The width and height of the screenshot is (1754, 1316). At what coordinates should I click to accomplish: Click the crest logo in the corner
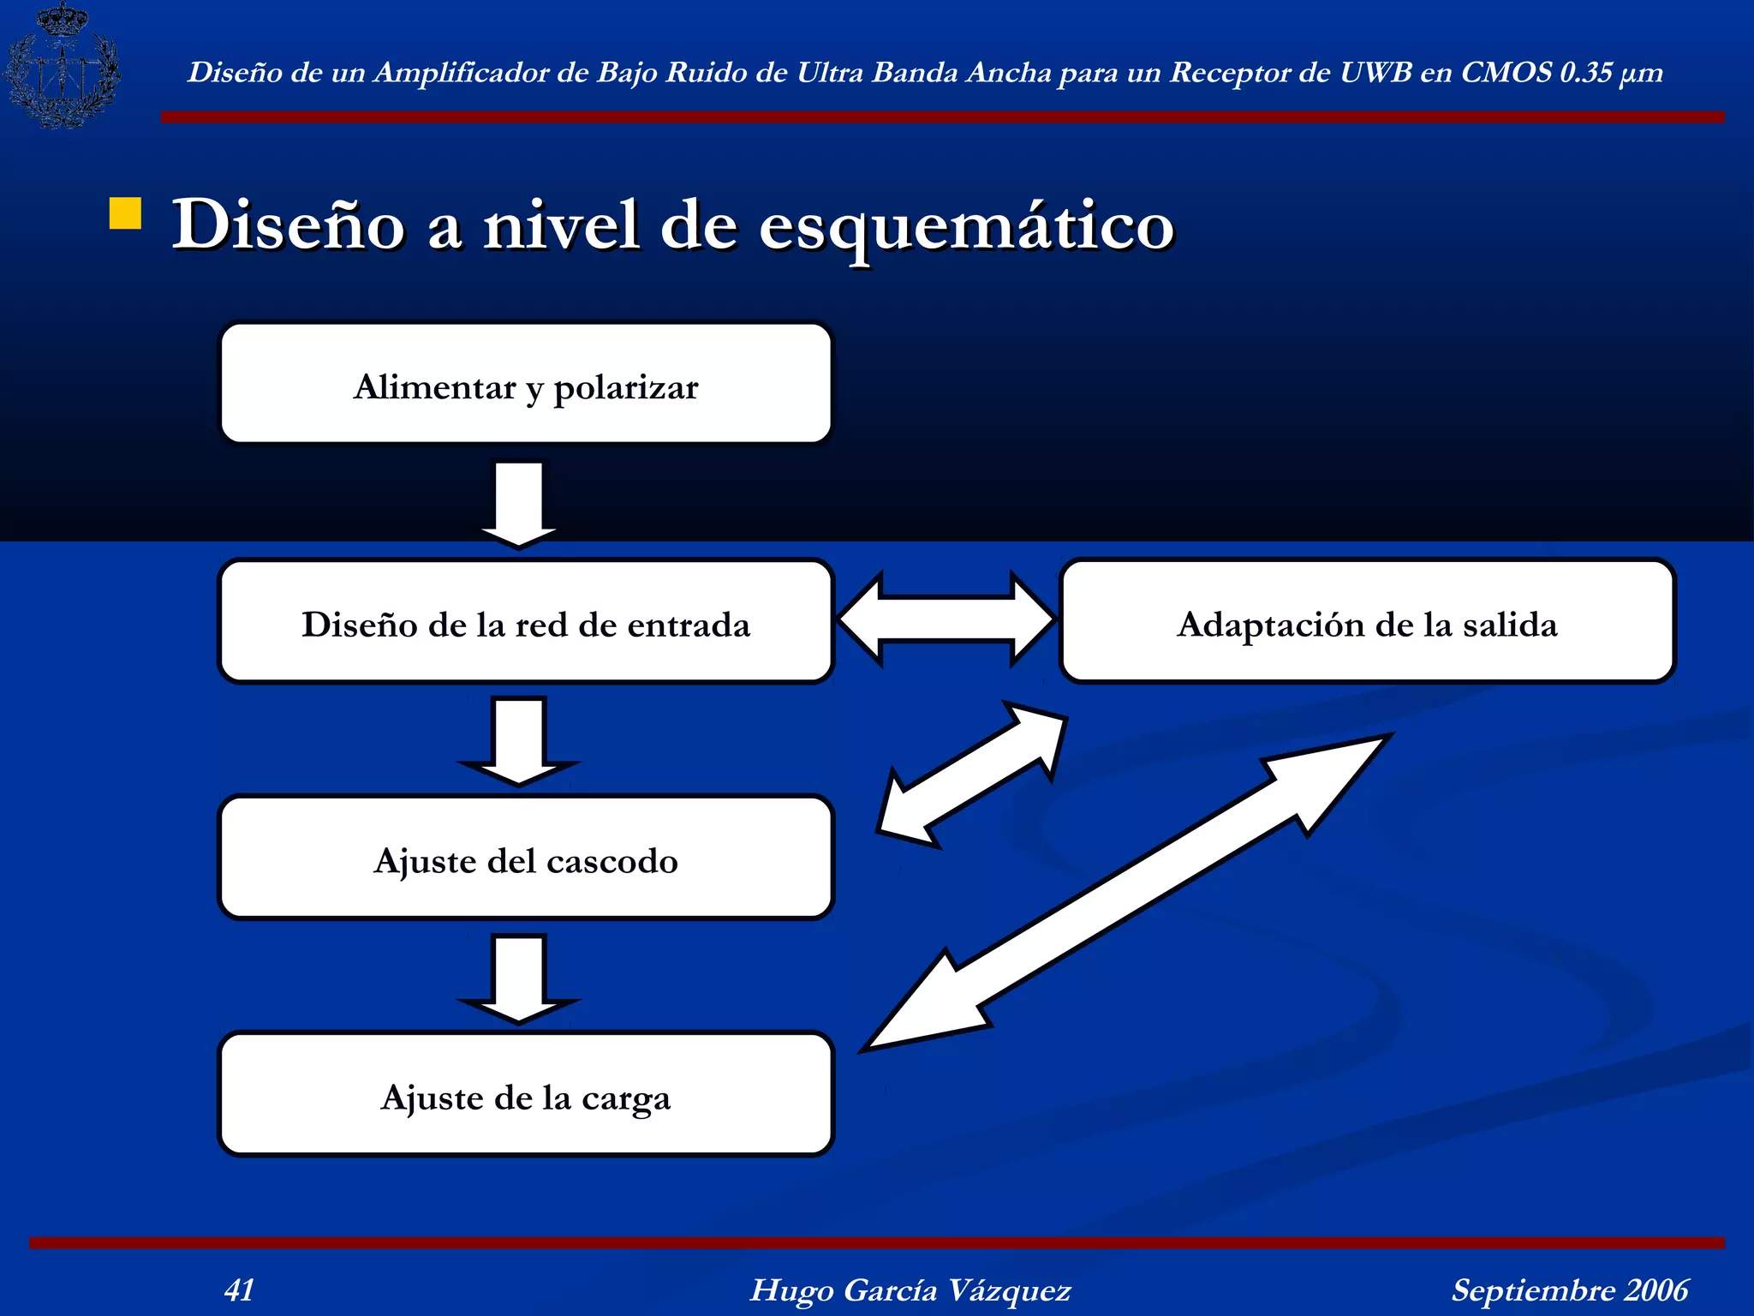click(62, 66)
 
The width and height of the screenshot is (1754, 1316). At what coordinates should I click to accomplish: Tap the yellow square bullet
click(125, 214)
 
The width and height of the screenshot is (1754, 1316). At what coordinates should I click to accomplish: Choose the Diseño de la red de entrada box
click(526, 622)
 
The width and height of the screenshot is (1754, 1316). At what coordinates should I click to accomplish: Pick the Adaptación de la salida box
click(1367, 622)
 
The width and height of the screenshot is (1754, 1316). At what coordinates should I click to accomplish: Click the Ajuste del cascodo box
click(526, 858)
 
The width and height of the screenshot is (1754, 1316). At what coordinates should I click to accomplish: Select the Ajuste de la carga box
click(526, 1095)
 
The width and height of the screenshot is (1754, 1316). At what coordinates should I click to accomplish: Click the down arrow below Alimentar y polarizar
click(519, 502)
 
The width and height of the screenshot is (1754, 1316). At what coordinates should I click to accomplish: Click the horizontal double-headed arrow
click(946, 619)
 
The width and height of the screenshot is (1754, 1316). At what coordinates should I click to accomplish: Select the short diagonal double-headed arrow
click(973, 775)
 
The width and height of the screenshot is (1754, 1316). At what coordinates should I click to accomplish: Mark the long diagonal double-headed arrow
click(1127, 891)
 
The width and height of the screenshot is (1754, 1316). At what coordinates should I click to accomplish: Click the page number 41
click(239, 1289)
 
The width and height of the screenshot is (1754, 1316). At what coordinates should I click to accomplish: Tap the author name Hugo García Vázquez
click(910, 1289)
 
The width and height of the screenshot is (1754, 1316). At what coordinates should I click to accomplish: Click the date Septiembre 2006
click(1569, 1289)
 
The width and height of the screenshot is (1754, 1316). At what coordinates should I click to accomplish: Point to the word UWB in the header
click(1375, 72)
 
